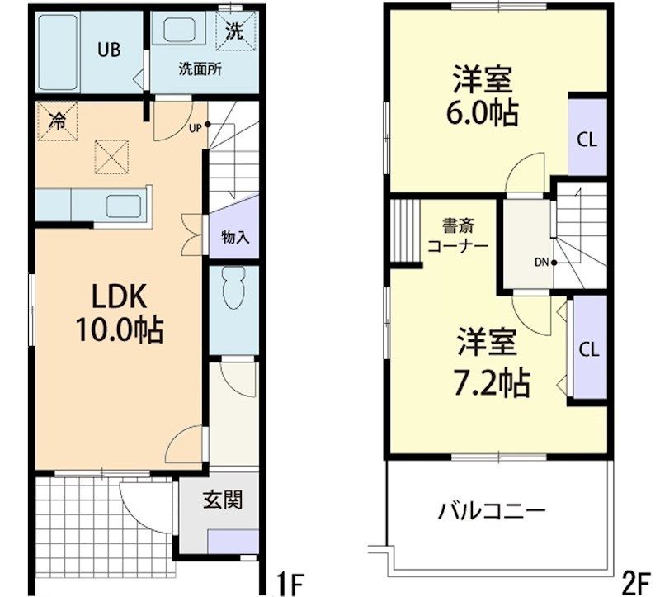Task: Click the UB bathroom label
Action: click(x=109, y=50)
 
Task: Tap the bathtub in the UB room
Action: click(x=58, y=53)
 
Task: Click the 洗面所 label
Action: click(x=200, y=69)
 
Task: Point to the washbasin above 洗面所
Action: click(x=179, y=30)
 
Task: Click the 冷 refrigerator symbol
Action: click(x=57, y=121)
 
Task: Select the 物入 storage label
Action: click(x=235, y=238)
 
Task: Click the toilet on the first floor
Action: click(x=234, y=289)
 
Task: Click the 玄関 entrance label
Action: click(x=222, y=500)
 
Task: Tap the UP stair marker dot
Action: click(x=208, y=125)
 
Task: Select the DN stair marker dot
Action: click(x=554, y=263)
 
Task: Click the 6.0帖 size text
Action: click(x=482, y=113)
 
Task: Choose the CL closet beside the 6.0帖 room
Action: click(x=587, y=137)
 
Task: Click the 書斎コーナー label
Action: click(x=458, y=236)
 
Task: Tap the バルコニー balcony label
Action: click(x=492, y=511)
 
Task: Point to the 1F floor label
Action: click(x=289, y=583)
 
